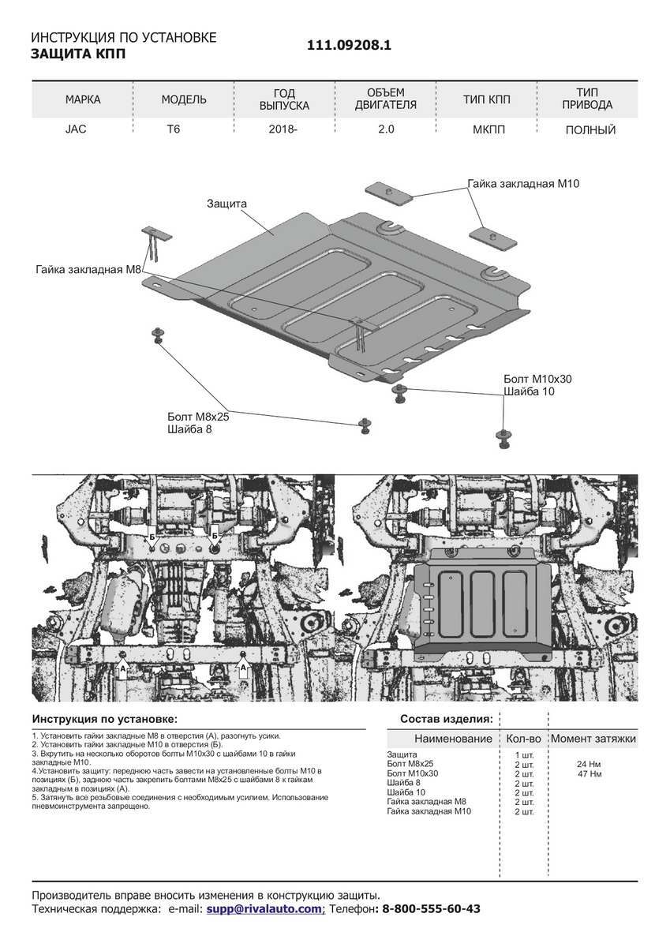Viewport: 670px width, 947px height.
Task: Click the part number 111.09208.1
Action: coord(349,45)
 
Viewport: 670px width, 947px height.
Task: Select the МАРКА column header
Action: coord(83,99)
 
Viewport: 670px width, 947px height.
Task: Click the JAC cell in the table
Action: coord(76,129)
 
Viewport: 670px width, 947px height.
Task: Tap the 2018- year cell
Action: coord(283,129)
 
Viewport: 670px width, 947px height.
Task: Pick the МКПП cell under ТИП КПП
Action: coord(488,129)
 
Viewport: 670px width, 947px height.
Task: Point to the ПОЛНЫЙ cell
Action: coord(590,129)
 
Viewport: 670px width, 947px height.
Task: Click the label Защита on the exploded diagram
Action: coord(226,204)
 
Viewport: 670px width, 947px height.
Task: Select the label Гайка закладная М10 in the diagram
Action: coord(523,183)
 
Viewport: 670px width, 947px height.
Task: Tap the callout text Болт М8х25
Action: coord(198,417)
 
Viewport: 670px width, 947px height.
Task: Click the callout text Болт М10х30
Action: coord(537,379)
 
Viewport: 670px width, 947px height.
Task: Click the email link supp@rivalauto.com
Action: coord(264,908)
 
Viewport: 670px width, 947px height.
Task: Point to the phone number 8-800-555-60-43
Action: coord(431,908)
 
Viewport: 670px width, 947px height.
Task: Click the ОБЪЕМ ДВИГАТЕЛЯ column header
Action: coord(386,99)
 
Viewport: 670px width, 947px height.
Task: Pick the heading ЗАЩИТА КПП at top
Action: coord(78,54)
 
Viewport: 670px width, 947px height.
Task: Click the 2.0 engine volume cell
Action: coord(386,129)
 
